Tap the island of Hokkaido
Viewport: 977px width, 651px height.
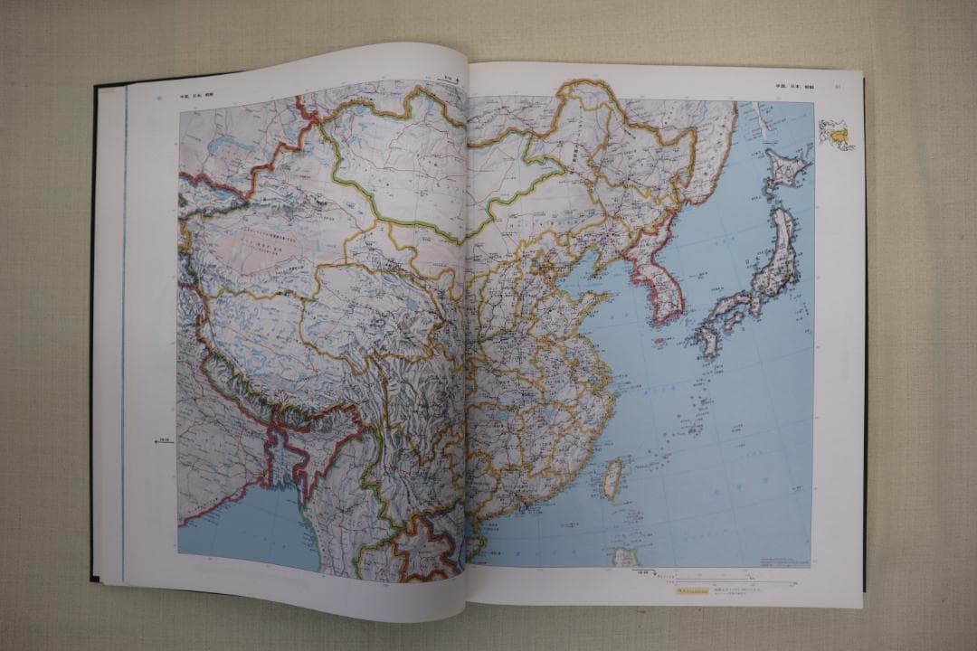[x=783, y=169]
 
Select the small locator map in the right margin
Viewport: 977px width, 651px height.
[x=836, y=134]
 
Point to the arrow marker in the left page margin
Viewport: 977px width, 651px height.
[x=164, y=441]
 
